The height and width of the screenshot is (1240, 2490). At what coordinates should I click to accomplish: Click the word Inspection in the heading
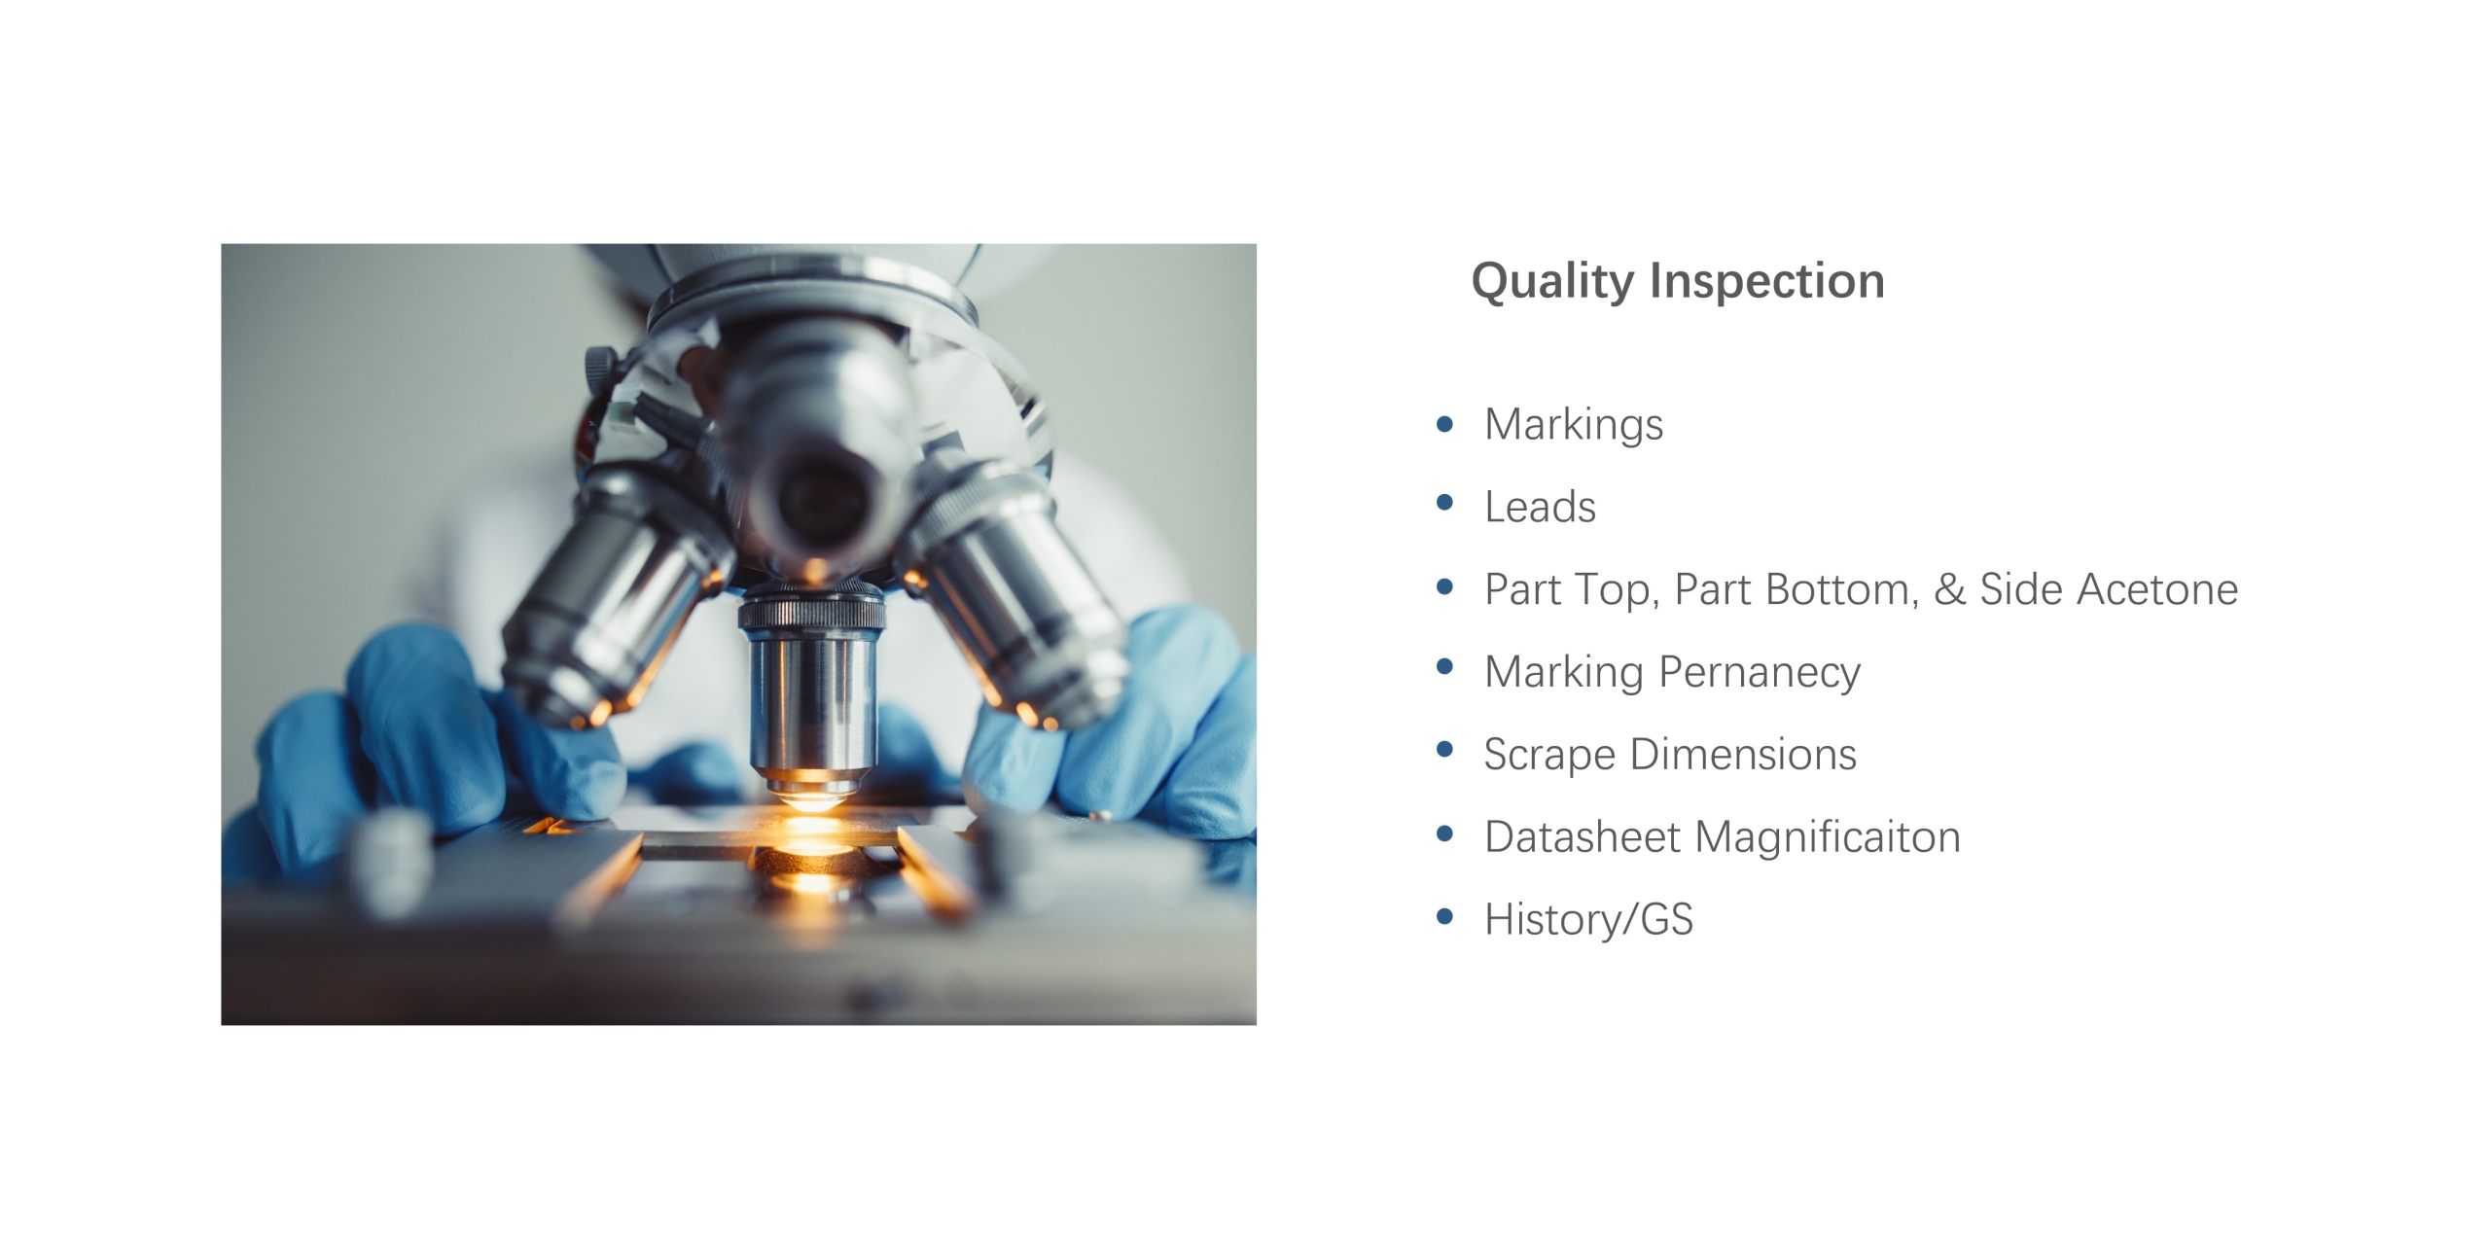(x=1767, y=281)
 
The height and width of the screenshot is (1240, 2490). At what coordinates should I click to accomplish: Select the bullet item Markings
(x=1574, y=425)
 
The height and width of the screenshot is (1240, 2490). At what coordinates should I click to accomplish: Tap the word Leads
(x=1540, y=507)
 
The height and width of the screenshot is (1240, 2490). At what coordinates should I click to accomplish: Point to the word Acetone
(x=2157, y=589)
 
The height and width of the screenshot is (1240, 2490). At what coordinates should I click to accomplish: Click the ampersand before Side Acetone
(x=1948, y=589)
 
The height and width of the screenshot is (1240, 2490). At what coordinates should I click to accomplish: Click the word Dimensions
(x=1743, y=755)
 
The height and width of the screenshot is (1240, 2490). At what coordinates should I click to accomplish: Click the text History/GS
(x=1588, y=920)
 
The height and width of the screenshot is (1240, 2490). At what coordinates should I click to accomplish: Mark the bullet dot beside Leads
(x=1444, y=503)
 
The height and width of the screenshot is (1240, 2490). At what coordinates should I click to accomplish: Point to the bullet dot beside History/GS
(x=1444, y=916)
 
